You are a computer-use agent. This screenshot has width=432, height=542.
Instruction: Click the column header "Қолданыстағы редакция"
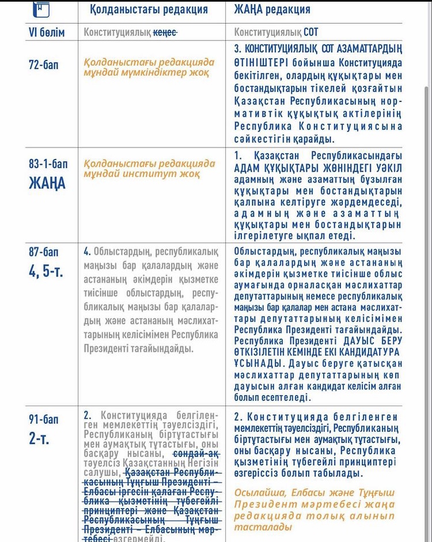click(x=149, y=9)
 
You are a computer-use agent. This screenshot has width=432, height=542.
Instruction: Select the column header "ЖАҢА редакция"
click(x=272, y=9)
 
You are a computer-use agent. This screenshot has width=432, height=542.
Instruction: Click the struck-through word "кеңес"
click(x=165, y=33)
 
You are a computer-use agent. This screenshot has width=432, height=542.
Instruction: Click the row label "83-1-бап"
click(x=48, y=164)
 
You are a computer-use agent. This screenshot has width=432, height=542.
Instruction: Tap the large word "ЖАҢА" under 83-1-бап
click(x=47, y=183)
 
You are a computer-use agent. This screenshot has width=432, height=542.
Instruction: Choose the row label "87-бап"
click(x=44, y=252)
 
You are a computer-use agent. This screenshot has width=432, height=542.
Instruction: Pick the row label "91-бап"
click(x=43, y=419)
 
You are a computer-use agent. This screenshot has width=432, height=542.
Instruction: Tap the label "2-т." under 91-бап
click(x=39, y=439)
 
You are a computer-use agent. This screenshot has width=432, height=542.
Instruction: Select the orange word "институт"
click(x=149, y=173)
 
